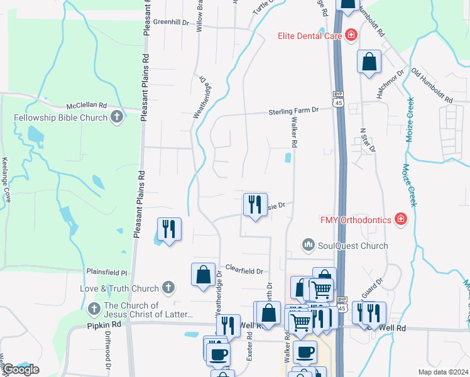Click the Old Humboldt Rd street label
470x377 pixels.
pos(432,86)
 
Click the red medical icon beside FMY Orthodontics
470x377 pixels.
pos(400,219)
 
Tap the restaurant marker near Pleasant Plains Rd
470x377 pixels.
pos(168,229)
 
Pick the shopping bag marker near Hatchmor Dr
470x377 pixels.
pos(369,62)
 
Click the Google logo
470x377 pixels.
pos(21,369)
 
